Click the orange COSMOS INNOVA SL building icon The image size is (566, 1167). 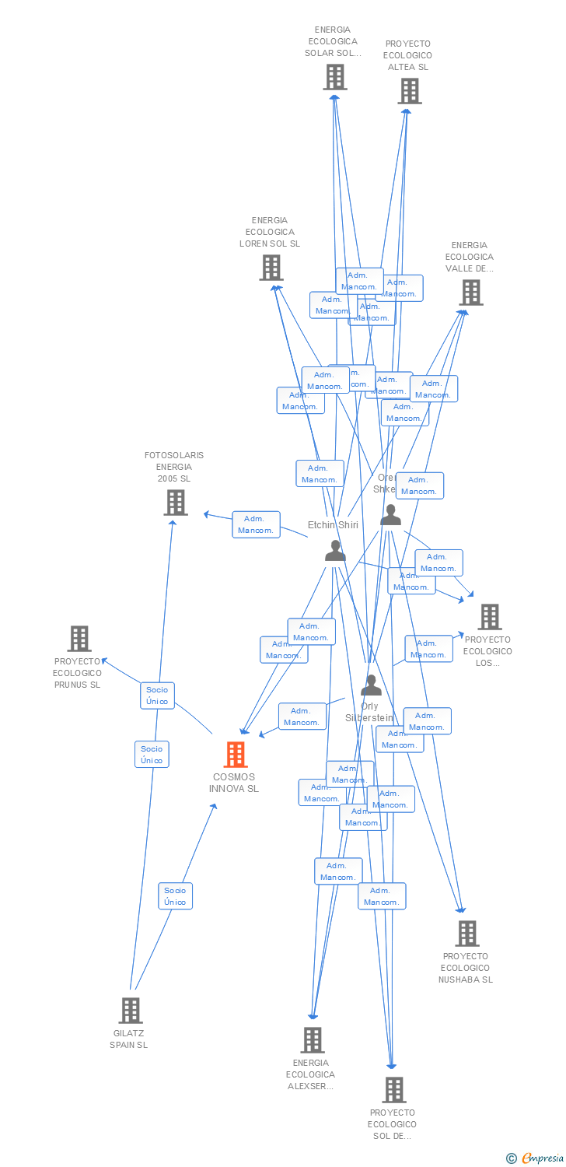click(236, 755)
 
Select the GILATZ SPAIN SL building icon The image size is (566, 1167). click(131, 1011)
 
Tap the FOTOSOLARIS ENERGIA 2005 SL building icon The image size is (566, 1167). click(176, 503)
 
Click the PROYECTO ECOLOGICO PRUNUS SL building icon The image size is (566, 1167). click(79, 639)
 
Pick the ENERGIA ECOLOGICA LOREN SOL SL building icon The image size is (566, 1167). click(271, 268)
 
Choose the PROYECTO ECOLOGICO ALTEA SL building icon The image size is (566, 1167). click(409, 91)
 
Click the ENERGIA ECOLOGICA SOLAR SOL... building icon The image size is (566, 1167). click(335, 77)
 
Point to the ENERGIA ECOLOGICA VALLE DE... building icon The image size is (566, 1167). click(470, 293)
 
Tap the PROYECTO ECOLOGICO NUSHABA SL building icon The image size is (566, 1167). click(466, 933)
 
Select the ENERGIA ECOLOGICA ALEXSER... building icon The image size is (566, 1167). click(313, 1039)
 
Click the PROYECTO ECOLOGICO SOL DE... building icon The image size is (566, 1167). click(394, 1090)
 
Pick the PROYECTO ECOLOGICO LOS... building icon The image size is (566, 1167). click(489, 617)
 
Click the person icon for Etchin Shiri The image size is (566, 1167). click(335, 550)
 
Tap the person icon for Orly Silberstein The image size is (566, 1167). click(371, 685)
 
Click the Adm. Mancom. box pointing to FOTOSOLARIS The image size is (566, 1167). click(256, 524)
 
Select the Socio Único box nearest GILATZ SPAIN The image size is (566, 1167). click(175, 896)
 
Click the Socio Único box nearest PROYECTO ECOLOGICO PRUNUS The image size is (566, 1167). click(157, 696)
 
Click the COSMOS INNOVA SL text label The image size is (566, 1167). click(234, 783)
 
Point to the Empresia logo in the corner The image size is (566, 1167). click(536, 1158)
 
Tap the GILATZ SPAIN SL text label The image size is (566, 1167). click(129, 1039)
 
